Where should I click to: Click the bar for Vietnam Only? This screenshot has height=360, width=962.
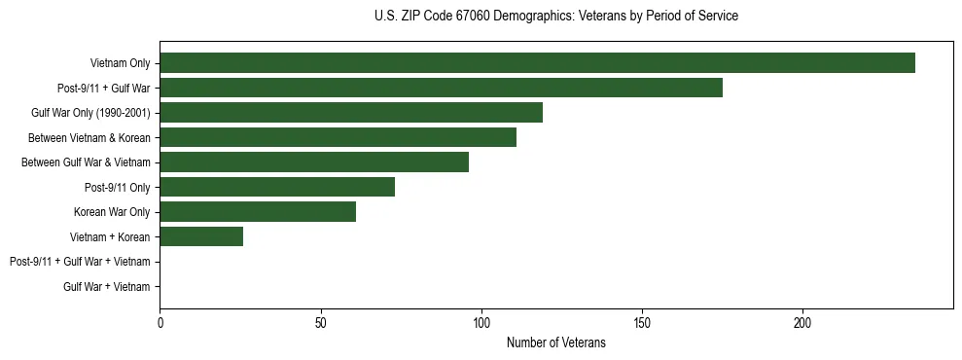tap(537, 63)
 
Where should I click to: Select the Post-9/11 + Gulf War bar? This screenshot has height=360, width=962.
tap(441, 88)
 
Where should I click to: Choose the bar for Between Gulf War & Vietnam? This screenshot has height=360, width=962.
tap(314, 162)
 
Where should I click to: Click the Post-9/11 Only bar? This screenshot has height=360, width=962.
tap(277, 187)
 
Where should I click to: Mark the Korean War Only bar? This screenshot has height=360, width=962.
tap(258, 212)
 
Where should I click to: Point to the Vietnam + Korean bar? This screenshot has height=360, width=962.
tap(201, 236)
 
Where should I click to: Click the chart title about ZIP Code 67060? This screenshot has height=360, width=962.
tap(555, 17)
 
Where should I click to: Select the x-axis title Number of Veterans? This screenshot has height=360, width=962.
tap(555, 342)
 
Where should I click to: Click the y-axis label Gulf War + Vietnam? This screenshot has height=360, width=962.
tap(106, 286)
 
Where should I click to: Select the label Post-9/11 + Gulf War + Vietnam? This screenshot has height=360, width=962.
tap(80, 262)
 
